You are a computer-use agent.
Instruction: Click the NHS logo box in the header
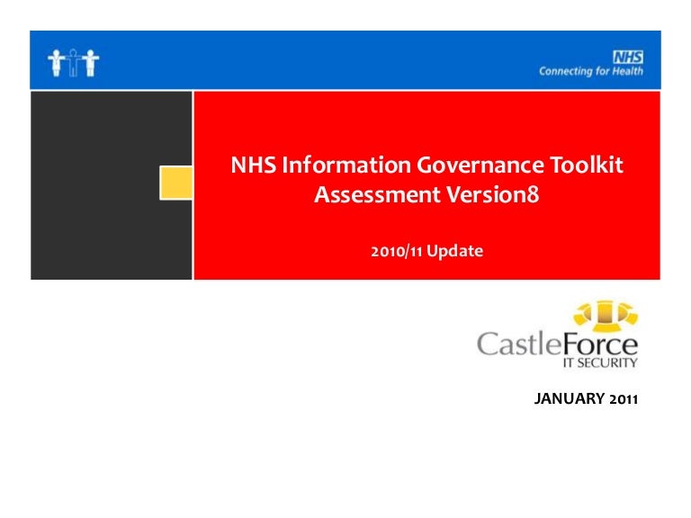(x=628, y=56)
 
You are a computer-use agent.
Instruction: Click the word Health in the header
(x=628, y=71)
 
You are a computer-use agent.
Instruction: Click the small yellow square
(x=176, y=183)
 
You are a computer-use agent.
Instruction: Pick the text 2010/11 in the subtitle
(x=397, y=252)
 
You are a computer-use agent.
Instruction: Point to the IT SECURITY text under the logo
(x=606, y=363)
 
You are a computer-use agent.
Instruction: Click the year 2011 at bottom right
(x=622, y=398)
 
